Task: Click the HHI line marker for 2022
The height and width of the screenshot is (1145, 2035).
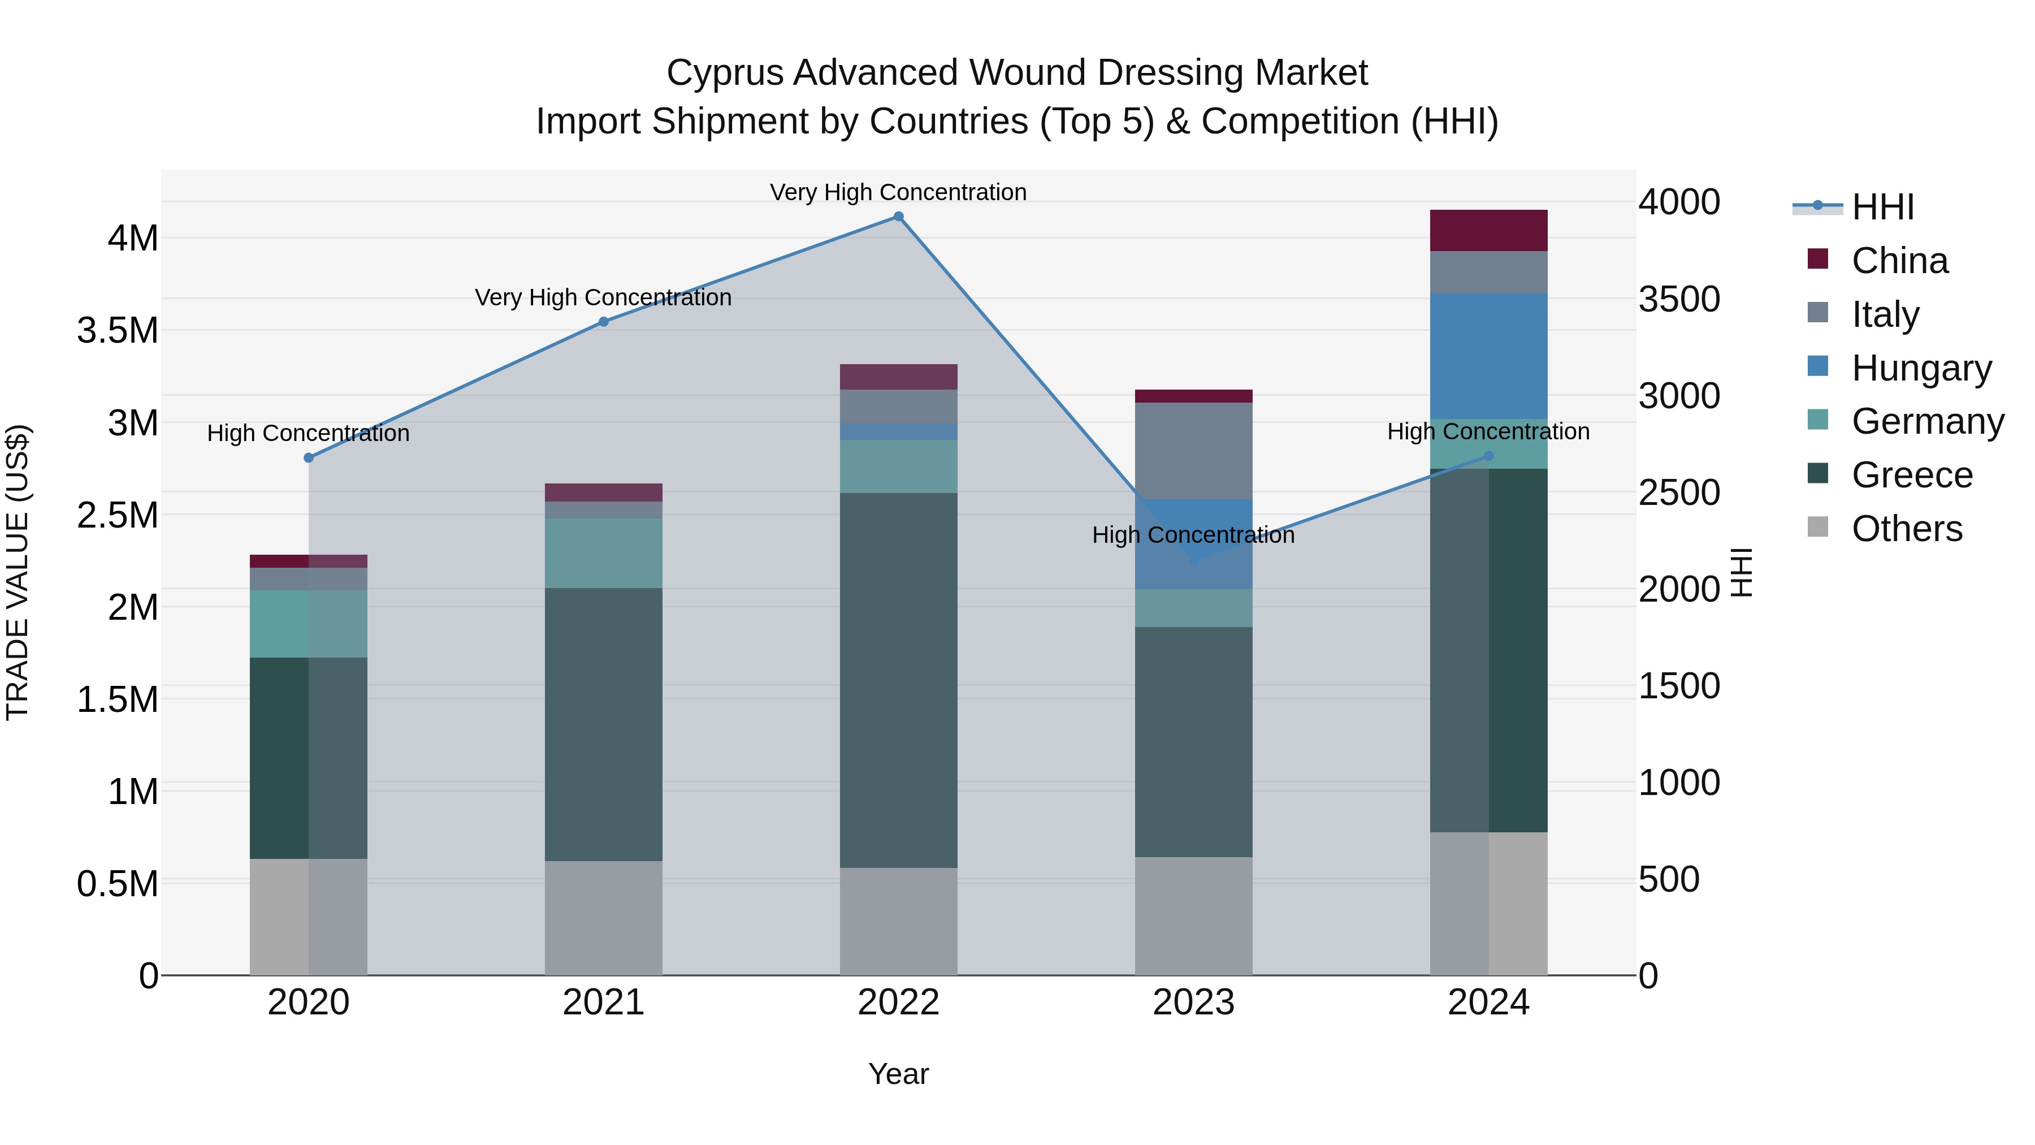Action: (898, 217)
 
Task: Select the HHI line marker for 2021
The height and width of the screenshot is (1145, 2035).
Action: (604, 322)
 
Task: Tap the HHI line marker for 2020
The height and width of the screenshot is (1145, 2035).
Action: (309, 457)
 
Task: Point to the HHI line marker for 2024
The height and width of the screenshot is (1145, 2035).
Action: (1489, 456)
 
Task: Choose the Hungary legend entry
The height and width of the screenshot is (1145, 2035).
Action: (1921, 368)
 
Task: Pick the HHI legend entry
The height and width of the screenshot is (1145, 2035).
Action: (1882, 207)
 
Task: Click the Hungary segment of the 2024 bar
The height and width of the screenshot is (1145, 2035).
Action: (1489, 356)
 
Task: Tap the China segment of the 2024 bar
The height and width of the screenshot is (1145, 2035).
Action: (1489, 230)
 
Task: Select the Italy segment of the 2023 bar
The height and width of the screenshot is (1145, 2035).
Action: (1194, 451)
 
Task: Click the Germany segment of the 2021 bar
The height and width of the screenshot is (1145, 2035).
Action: (604, 553)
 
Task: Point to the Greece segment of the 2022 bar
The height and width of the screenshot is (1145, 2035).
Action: (898, 680)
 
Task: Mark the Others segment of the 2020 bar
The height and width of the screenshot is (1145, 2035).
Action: (309, 917)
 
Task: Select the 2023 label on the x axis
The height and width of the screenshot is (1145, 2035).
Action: (1194, 1003)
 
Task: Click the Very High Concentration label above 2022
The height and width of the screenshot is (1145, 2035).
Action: (898, 192)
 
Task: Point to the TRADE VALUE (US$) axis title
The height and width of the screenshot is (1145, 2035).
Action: (18, 572)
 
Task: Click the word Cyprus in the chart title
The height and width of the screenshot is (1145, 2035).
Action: (725, 73)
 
